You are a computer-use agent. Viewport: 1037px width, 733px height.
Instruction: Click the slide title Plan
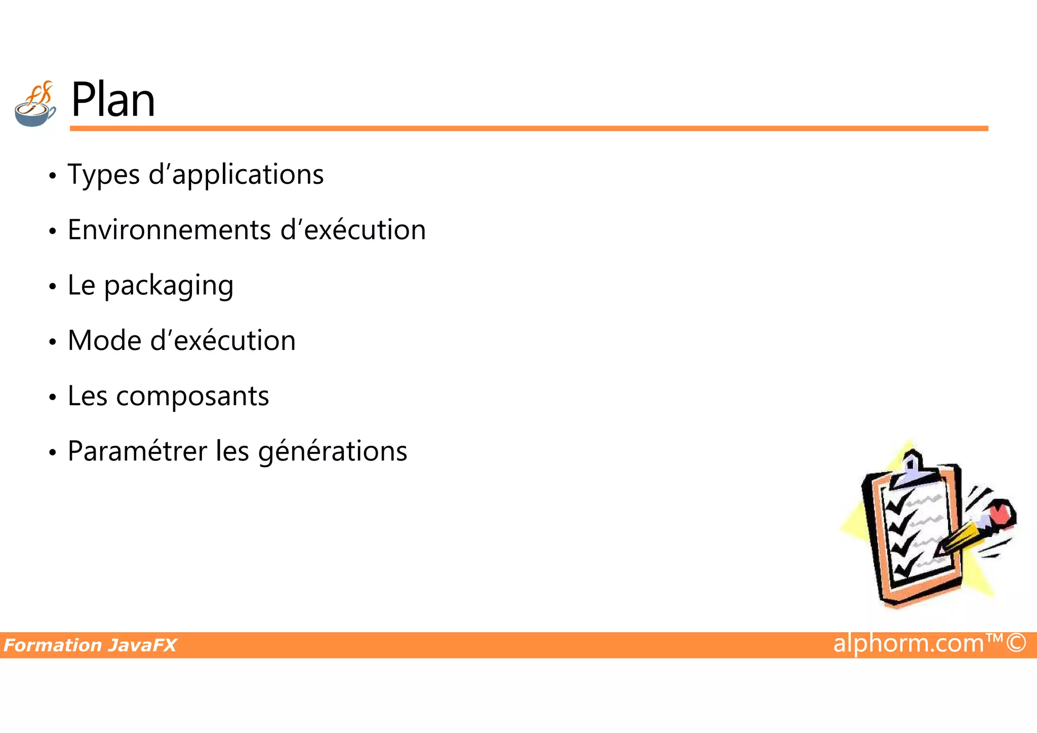113,100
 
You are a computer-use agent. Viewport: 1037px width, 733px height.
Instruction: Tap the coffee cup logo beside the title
35,105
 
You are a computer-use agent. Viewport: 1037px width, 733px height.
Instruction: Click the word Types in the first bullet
103,175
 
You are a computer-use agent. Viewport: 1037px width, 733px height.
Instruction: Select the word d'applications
236,175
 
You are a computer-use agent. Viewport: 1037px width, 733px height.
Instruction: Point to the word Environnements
169,230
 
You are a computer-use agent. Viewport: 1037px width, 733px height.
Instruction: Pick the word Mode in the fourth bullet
104,341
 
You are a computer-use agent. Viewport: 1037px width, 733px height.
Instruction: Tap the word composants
192,397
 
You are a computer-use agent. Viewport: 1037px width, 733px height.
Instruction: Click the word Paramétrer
137,452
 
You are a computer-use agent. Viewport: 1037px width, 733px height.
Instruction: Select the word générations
333,452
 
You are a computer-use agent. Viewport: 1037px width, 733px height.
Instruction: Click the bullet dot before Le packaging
52,287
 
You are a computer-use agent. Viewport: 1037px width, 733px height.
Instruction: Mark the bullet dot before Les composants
52,398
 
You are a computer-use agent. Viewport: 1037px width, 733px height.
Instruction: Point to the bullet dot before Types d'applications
52,176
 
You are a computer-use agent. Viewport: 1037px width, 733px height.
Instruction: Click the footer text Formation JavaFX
90,645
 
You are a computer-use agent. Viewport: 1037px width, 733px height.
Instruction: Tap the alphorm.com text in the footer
908,643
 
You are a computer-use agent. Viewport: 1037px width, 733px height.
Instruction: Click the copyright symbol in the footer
1016,643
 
